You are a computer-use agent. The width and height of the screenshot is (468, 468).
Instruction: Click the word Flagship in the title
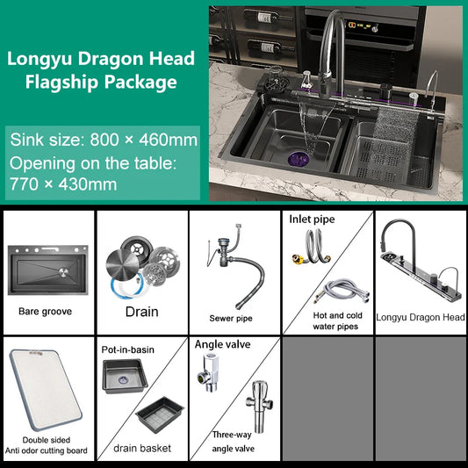(61, 82)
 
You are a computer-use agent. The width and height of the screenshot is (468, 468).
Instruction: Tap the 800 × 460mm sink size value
(144, 140)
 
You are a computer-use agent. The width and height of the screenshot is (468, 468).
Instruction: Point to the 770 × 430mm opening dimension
(63, 184)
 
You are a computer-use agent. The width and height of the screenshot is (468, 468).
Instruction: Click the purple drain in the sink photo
(298, 158)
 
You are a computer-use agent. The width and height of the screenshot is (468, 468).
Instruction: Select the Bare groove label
(45, 312)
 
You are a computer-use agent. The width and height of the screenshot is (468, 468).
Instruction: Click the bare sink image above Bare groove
(47, 270)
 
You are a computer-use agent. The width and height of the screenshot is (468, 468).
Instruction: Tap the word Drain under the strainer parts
(141, 312)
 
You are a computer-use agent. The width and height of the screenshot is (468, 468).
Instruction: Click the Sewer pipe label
(231, 319)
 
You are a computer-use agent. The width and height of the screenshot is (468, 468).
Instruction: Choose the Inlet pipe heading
(312, 220)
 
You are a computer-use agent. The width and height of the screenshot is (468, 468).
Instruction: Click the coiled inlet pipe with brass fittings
(312, 248)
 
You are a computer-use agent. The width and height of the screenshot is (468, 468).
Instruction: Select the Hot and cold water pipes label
(337, 320)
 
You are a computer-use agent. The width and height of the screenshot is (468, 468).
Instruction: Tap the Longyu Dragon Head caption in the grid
(421, 317)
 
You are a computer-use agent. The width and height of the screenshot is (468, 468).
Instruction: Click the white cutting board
(46, 390)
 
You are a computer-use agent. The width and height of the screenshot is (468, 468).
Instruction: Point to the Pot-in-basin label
(127, 349)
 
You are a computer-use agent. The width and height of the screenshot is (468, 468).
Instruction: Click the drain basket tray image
(160, 414)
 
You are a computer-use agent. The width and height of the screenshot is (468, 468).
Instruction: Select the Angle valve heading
(222, 344)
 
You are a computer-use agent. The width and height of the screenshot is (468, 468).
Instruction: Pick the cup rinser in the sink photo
(274, 81)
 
